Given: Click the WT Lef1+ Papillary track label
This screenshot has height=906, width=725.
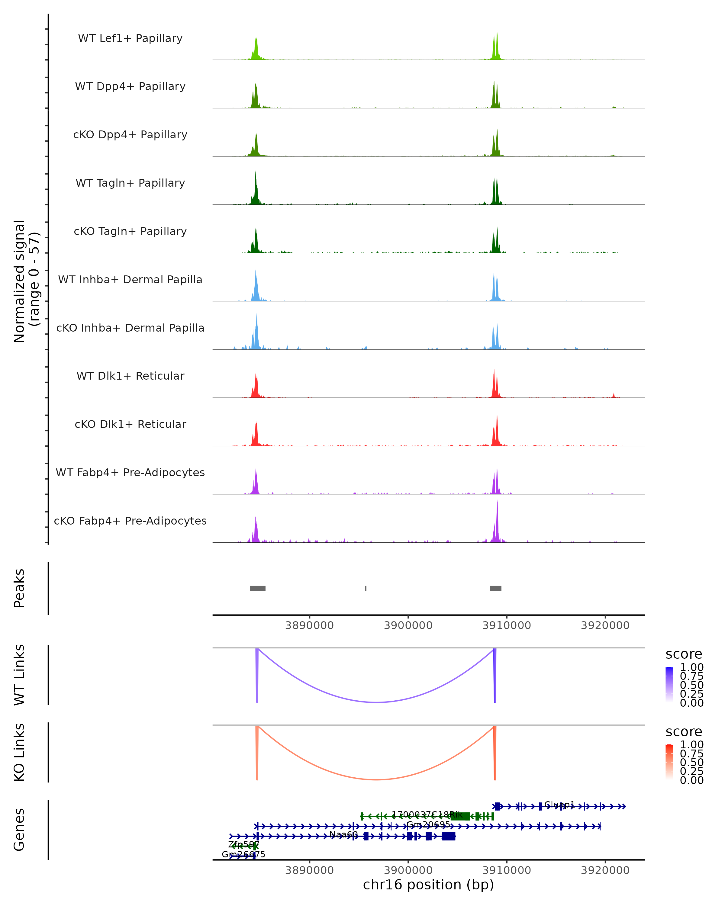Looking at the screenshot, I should click(130, 38).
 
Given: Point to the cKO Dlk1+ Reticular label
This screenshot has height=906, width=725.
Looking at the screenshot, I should click(130, 424).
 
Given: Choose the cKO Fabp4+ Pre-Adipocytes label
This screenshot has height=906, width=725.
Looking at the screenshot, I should click(130, 521).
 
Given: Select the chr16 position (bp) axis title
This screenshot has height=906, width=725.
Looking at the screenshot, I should click(428, 885).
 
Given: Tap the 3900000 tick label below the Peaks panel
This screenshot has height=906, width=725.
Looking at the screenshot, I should click(408, 625).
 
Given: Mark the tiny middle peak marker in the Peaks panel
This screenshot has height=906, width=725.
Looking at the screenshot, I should click(366, 588).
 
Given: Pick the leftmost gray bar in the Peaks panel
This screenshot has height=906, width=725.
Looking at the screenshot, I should click(258, 588).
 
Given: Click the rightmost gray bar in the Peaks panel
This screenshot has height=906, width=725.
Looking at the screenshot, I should click(495, 588).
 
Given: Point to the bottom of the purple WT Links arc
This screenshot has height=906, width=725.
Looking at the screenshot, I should click(377, 702).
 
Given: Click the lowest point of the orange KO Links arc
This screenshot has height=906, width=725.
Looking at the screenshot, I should click(377, 779).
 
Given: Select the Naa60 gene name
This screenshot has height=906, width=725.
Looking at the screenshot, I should click(343, 834).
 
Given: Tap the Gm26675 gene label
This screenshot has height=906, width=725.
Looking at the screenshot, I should click(243, 854).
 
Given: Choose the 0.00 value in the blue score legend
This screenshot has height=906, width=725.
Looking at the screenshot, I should click(692, 703).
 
